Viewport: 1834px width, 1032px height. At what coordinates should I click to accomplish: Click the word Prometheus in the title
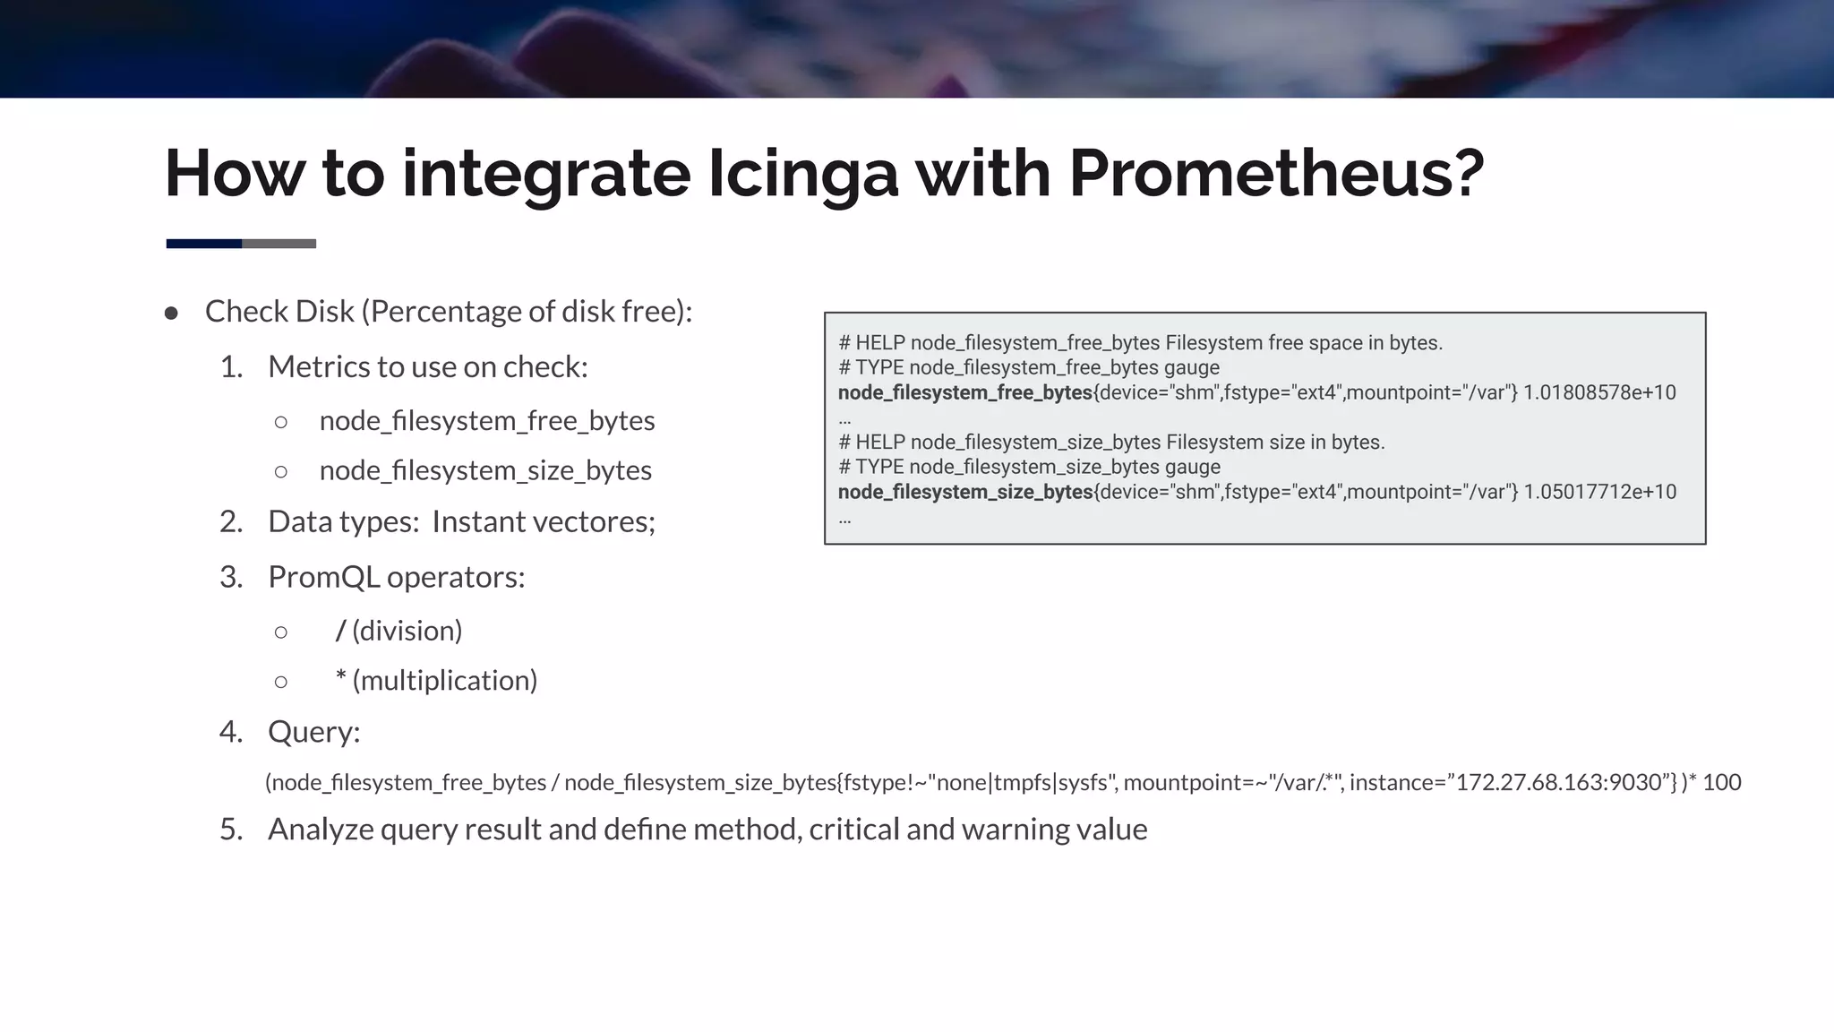pos(1275,173)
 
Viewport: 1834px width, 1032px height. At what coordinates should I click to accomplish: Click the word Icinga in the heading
pos(802,173)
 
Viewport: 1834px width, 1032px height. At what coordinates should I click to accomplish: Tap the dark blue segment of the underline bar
pos(204,244)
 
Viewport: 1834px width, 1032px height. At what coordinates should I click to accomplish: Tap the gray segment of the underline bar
pos(279,244)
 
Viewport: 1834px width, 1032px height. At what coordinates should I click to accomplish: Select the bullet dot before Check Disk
pos(171,313)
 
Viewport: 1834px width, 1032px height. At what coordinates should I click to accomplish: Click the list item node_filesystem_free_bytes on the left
pos(486,420)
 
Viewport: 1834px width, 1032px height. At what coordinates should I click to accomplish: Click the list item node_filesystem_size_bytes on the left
pos(484,470)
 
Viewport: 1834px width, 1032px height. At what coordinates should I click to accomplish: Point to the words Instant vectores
pos(543,521)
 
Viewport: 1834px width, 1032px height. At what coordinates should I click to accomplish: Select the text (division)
pos(407,631)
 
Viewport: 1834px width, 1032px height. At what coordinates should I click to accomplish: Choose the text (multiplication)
pos(445,681)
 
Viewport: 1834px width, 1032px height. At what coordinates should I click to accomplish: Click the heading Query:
pos(313,732)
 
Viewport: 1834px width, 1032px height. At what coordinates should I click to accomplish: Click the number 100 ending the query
pos(1721,783)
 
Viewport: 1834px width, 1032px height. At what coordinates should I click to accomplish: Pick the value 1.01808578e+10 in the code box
pos(1599,392)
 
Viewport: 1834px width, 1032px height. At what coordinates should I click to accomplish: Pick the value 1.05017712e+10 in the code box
pos(1599,492)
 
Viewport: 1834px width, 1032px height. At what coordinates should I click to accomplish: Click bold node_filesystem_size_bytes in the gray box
pos(965,492)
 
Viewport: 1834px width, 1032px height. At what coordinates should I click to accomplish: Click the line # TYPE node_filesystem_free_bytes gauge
pos(1028,367)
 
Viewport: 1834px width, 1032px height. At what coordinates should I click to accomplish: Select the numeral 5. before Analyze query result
pos(231,830)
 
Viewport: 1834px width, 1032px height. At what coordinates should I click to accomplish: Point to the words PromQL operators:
pos(396,577)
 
